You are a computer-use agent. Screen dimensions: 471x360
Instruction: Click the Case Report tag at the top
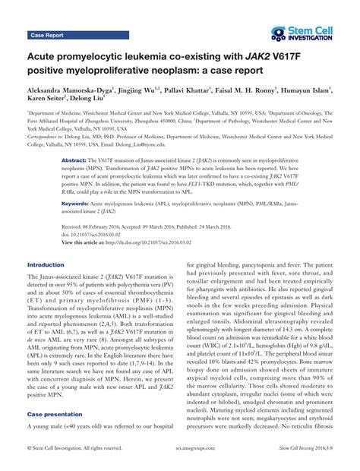tap(48, 35)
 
